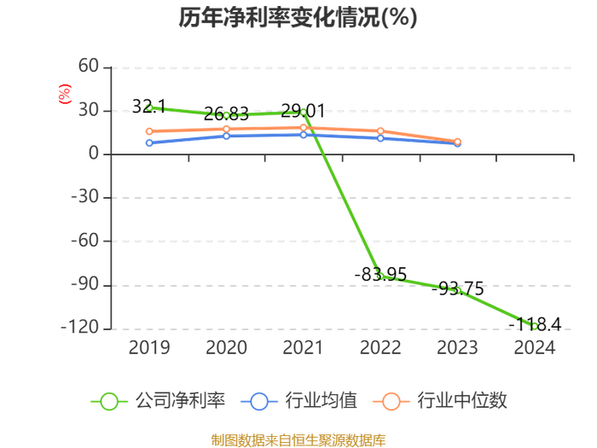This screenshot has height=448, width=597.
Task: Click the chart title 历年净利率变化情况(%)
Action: (x=298, y=17)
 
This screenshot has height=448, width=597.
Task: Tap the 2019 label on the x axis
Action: (x=149, y=347)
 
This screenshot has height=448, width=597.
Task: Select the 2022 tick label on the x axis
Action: (x=380, y=347)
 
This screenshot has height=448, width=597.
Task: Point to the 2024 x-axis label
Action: (x=535, y=347)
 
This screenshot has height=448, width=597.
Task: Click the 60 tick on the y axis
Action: (x=89, y=66)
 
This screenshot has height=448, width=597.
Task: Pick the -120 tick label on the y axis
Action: (x=80, y=327)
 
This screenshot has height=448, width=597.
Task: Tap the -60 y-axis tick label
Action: (x=85, y=241)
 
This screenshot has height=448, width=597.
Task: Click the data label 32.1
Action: (x=149, y=107)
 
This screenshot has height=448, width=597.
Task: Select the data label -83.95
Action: (x=380, y=274)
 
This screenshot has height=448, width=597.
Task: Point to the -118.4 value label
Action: (x=535, y=324)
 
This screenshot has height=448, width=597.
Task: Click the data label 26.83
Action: (x=226, y=113)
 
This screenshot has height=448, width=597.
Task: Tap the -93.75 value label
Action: (x=458, y=288)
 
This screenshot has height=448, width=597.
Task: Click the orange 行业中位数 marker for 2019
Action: (x=149, y=131)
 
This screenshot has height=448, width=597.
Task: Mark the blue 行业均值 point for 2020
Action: (x=226, y=136)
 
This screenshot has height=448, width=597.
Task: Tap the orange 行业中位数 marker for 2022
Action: (x=380, y=131)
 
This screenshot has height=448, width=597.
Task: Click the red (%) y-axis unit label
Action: (x=65, y=94)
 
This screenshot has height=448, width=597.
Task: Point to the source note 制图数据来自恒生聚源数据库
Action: (x=298, y=440)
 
